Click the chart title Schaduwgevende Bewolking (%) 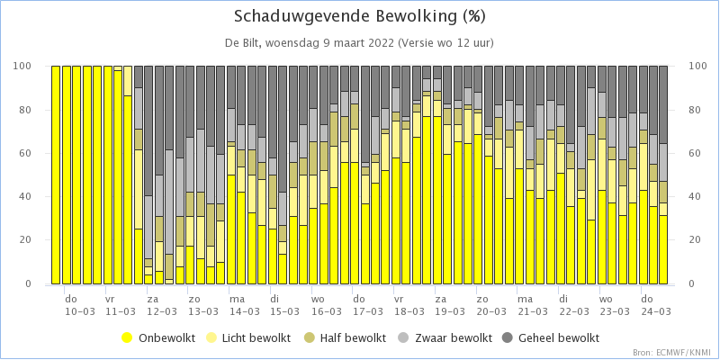tap(359, 16)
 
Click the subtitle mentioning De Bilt tap(359, 42)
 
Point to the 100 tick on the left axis tap(24, 67)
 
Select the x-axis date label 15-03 tap(284, 311)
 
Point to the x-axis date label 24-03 tap(655, 311)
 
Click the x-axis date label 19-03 tap(449, 311)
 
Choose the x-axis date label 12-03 tap(161, 311)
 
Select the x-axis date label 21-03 tap(532, 311)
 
